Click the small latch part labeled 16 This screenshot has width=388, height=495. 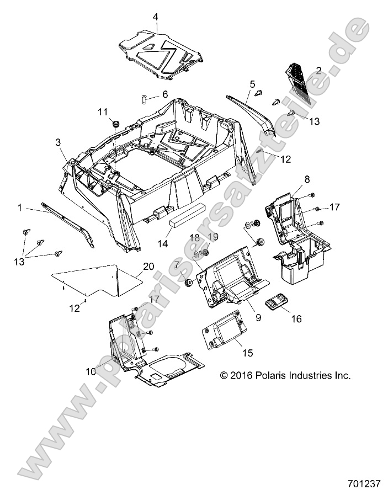point(276,302)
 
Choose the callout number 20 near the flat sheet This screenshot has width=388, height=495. point(148,266)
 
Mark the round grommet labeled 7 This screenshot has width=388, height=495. point(188,283)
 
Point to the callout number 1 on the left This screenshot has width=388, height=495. point(20,207)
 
